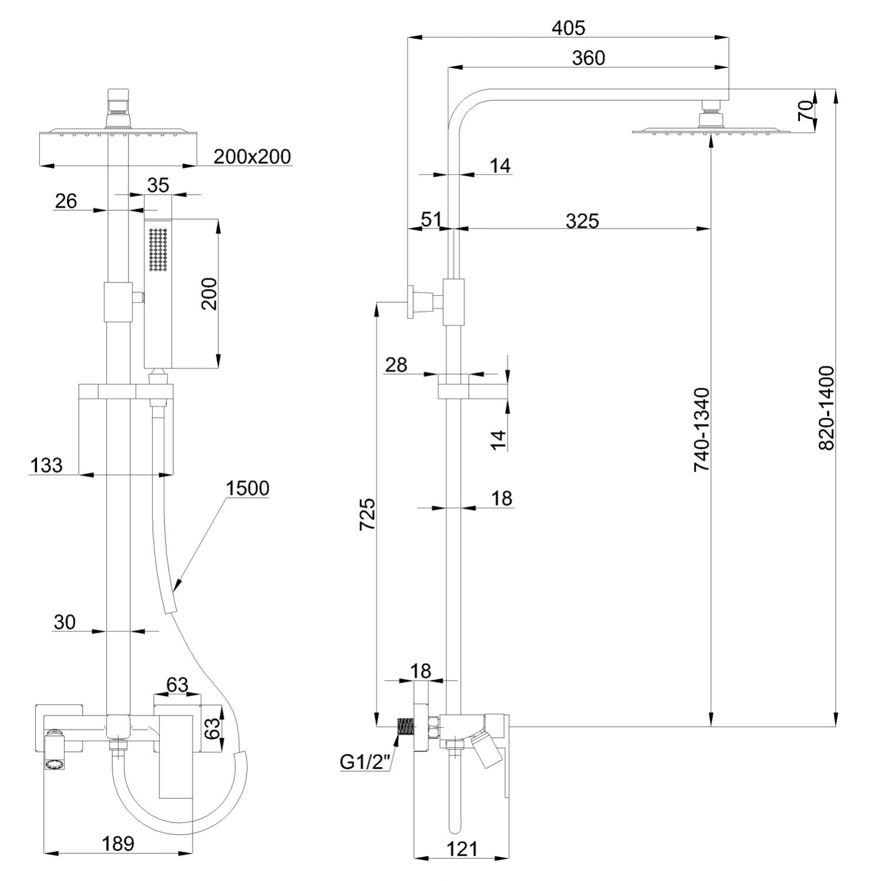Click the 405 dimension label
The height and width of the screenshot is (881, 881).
click(569, 28)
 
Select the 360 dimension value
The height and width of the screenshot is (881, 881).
click(588, 58)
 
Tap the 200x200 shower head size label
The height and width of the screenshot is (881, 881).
click(252, 156)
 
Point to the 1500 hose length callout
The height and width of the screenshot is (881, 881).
click(248, 488)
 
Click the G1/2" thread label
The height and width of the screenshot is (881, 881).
click(365, 762)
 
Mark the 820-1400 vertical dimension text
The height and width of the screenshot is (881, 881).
click(826, 408)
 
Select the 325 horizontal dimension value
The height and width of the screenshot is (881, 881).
click(581, 221)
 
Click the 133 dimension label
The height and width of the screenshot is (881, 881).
click(46, 465)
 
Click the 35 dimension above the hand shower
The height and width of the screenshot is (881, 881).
click(157, 185)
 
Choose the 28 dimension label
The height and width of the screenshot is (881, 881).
click(396, 365)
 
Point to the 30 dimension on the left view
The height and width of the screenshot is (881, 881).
click(65, 622)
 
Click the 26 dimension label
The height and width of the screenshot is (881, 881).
click(66, 201)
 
